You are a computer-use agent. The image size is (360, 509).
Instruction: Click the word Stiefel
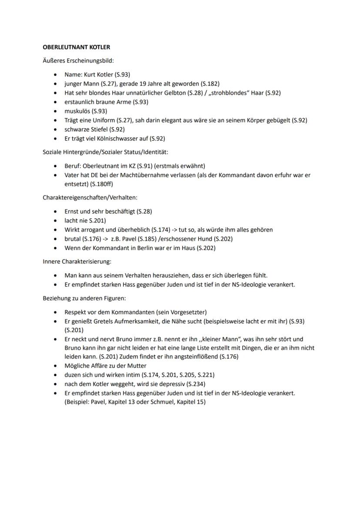pos(98,130)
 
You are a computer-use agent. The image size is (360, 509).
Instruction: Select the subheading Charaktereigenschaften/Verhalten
pos(90,197)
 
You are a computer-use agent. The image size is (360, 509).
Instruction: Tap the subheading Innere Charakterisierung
pos(77,262)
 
